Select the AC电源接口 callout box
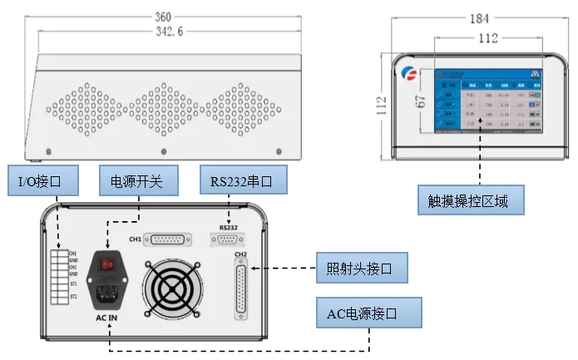368,313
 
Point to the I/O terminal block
60,274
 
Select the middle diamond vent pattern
164,110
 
